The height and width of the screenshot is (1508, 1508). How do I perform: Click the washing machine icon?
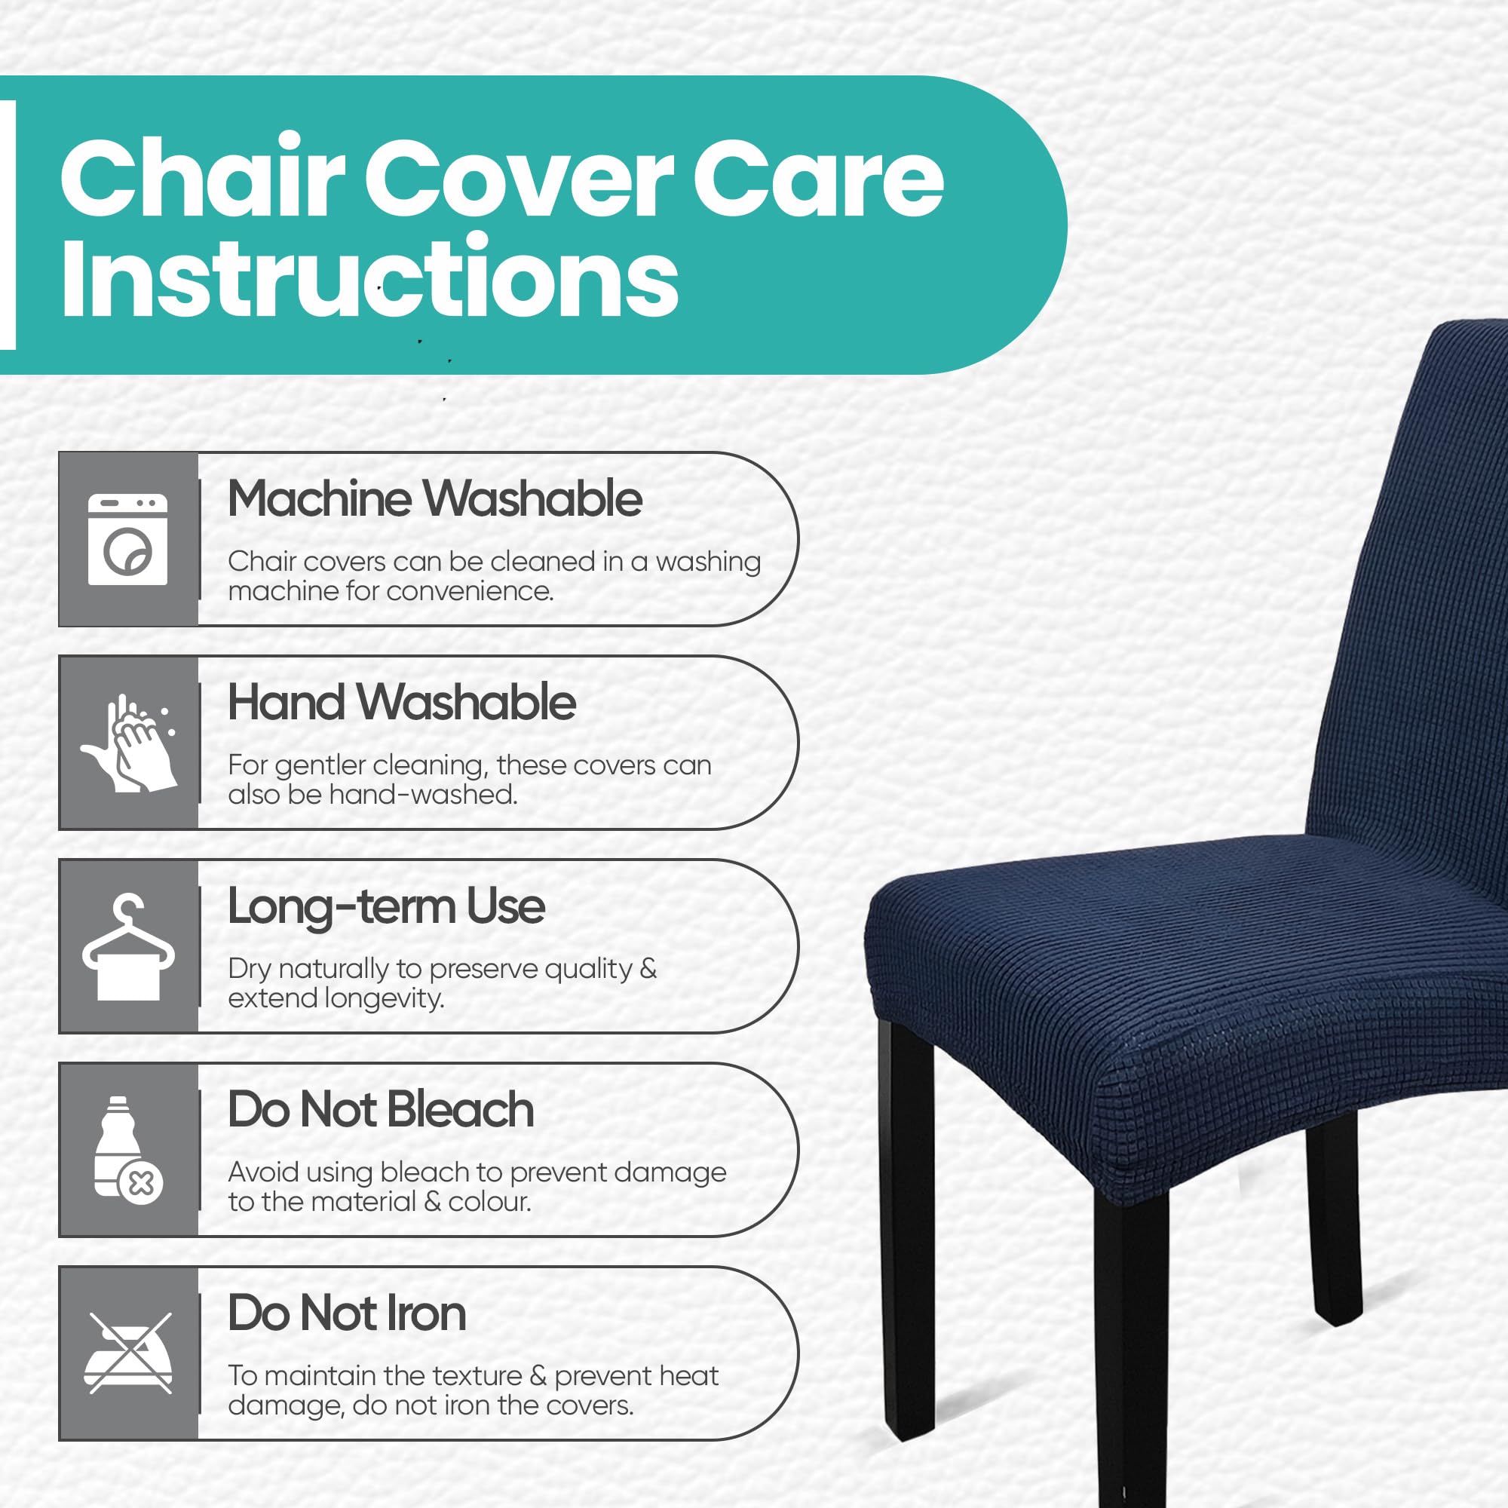coord(128,538)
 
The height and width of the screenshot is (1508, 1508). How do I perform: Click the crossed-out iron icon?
coord(128,1353)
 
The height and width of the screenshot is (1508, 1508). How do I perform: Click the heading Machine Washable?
coord(435,498)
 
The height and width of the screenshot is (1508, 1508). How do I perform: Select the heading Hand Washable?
coord(402,702)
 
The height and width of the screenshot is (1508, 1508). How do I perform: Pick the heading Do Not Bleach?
coord(381,1109)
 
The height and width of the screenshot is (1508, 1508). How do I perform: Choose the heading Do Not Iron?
coord(348,1313)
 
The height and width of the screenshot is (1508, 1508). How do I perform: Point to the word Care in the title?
coord(818,179)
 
